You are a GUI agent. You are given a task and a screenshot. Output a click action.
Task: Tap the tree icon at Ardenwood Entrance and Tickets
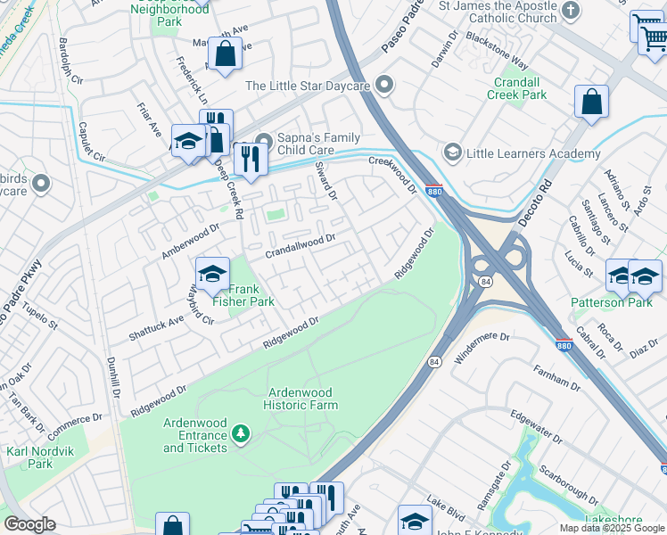coord(239,433)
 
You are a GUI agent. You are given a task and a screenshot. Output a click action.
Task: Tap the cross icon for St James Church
coord(572,12)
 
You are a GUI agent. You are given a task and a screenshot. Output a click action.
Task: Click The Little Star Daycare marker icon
coord(385,86)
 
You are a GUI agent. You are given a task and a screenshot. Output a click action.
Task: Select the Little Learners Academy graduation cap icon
coord(453,153)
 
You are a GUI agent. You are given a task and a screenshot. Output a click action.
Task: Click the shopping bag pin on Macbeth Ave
coord(225,53)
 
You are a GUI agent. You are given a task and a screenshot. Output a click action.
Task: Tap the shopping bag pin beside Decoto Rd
coord(591,103)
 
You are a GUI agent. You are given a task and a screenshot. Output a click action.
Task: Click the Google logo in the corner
coord(30,524)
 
